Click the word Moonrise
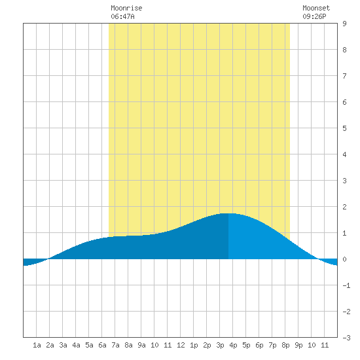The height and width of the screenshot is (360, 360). click(126, 8)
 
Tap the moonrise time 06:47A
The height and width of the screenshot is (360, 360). click(122, 16)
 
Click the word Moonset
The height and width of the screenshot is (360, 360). click(316, 8)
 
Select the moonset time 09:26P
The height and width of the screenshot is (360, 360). click(314, 16)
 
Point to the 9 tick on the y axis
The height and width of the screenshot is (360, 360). click(344, 24)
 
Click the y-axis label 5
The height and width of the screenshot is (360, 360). click(344, 128)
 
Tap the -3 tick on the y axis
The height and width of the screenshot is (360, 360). click(346, 338)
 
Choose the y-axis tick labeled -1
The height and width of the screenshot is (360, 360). click(346, 285)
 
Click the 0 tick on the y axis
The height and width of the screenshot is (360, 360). click(344, 259)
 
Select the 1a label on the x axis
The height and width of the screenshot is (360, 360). click(37, 345)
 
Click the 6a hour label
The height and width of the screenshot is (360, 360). click(102, 345)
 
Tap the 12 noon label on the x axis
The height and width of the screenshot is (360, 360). click(181, 345)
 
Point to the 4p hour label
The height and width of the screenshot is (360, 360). click(233, 345)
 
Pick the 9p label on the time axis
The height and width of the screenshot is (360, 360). click(298, 345)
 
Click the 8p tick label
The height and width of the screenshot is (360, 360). click(285, 345)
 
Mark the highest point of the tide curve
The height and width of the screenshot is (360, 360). click(228, 213)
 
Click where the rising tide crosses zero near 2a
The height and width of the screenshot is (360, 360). click(48, 259)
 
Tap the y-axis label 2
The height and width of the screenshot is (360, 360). click(344, 207)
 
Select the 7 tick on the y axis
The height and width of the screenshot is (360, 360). click(344, 76)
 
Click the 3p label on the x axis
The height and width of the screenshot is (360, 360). click(220, 345)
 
